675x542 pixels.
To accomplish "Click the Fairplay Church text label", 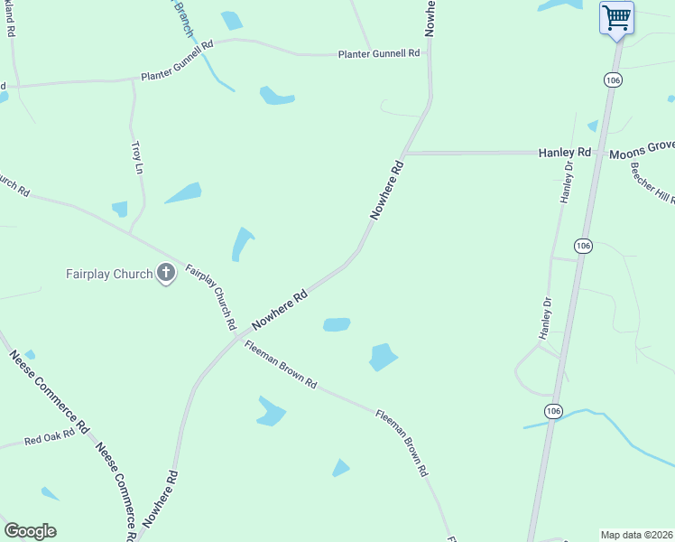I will [x=108, y=274].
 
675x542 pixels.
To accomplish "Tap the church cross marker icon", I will [x=165, y=272].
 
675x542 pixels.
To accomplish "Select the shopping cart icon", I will [x=616, y=16].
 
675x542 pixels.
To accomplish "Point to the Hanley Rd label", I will [x=565, y=154].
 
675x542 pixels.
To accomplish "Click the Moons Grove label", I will [x=642, y=154].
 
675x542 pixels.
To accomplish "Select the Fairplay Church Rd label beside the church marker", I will [x=211, y=296].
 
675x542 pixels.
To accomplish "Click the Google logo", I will [x=30, y=531].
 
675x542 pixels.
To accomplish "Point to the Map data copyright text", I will [x=636, y=534].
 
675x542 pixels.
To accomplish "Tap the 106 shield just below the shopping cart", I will [x=613, y=80].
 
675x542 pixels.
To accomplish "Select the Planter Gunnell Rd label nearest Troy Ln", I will [x=176, y=59].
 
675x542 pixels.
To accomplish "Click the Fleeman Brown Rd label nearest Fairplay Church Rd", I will [x=281, y=369].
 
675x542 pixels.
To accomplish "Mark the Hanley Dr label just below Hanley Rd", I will [x=567, y=182].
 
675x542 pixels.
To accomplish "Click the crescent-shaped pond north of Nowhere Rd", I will [x=242, y=245].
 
